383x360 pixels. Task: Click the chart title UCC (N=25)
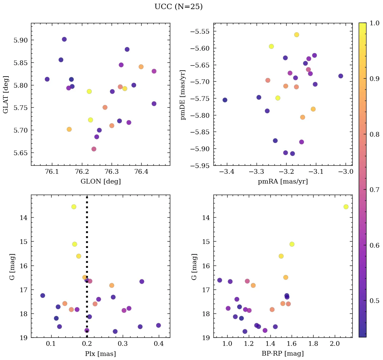coord(178,7)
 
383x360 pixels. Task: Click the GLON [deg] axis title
coord(100,182)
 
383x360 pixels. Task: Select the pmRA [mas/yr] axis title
coord(283,182)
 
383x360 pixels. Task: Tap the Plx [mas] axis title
coord(100,354)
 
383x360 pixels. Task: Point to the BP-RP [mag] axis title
coord(283,354)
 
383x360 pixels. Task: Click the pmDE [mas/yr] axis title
coord(183,94)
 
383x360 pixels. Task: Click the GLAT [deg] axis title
coord(6,94)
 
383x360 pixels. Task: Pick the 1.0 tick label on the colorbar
coord(374,23)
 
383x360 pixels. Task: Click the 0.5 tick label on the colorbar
coord(374,301)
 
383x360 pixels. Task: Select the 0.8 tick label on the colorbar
coord(374,134)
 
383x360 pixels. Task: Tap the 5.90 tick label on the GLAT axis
coord(20,40)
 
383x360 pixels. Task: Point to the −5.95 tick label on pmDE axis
coord(201,166)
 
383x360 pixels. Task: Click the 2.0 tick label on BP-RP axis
coord(335,344)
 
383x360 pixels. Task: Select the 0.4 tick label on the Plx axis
coord(159,344)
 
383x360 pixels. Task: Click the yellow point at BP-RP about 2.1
coord(346,207)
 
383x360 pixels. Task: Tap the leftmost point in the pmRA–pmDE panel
coord(225,100)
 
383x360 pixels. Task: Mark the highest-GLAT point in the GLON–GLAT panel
coord(64,39)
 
